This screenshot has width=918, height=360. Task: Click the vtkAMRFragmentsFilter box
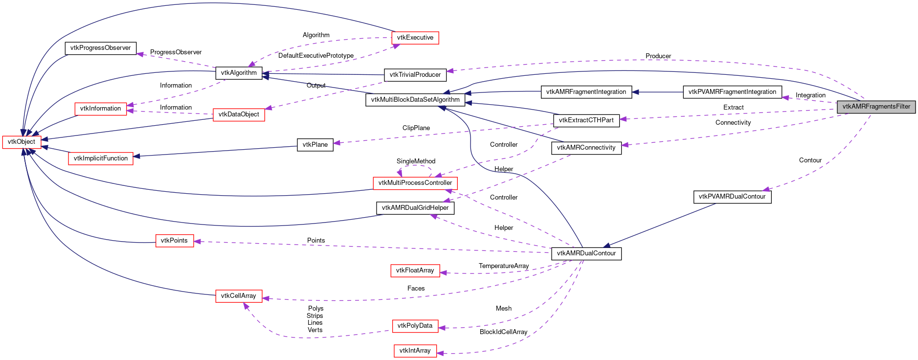(x=876, y=107)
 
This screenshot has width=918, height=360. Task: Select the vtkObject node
(x=22, y=142)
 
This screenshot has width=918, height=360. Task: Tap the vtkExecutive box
(x=415, y=38)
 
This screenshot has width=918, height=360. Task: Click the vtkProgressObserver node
(x=100, y=48)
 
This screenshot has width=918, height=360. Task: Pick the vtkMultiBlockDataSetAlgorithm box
(x=415, y=100)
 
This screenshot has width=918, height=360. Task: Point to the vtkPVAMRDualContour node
(x=732, y=197)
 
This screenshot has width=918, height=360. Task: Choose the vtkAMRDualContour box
(x=586, y=253)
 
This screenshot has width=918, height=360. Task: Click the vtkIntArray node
(x=415, y=351)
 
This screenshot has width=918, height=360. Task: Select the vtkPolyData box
(x=415, y=326)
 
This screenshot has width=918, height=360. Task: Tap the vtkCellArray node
(x=239, y=296)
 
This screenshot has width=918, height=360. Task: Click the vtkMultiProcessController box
(x=415, y=183)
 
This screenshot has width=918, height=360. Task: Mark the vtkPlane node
(x=315, y=145)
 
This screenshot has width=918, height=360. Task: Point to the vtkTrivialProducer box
(x=415, y=75)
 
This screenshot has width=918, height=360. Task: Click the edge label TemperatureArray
(x=503, y=266)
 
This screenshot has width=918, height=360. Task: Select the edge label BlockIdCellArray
(x=503, y=332)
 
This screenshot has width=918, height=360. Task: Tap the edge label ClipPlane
(x=416, y=128)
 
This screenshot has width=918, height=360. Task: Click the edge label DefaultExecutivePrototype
(x=315, y=56)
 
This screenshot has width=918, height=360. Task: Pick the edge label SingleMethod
(x=416, y=161)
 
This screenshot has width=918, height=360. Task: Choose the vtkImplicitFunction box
(x=100, y=158)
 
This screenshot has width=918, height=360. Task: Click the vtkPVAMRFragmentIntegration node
(x=732, y=92)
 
